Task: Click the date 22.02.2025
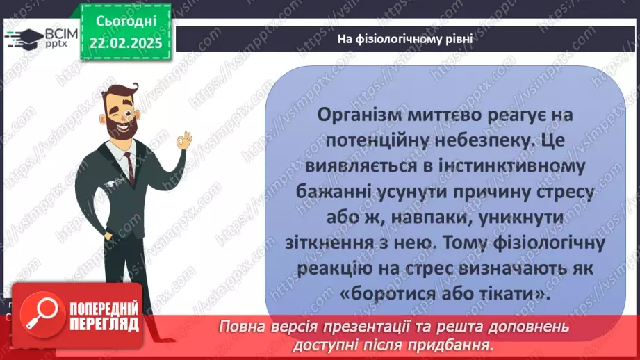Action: pos(125,41)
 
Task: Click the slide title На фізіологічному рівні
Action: pos(405,38)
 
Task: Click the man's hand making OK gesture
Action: pos(183,141)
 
